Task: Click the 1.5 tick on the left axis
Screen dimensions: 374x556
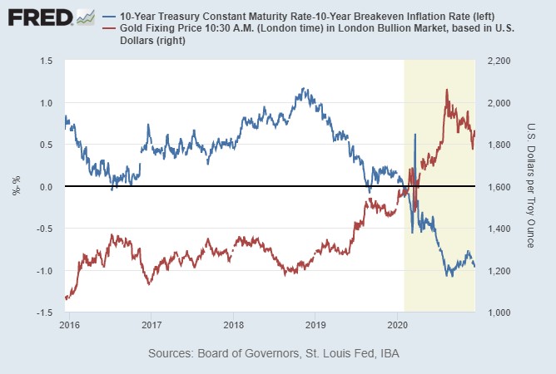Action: coord(47,62)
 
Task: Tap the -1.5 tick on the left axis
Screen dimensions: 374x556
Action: coord(45,312)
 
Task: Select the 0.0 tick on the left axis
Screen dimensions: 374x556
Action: coord(47,187)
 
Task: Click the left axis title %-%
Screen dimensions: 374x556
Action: coord(16,187)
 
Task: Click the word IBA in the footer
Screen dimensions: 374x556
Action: coord(386,354)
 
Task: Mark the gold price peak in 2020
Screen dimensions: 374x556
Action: coord(447,90)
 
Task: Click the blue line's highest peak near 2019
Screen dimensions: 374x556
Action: coord(303,88)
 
